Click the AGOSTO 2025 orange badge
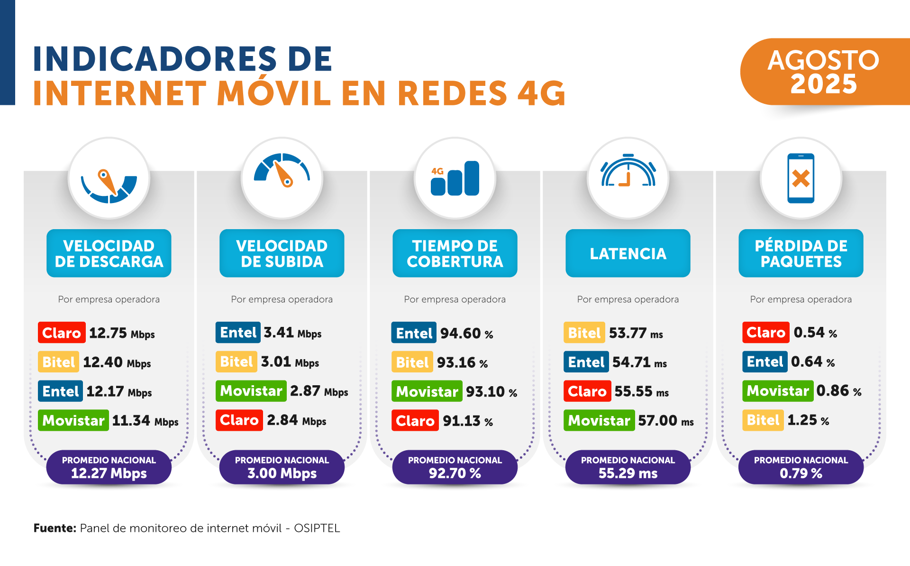click(824, 72)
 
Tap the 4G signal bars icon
click(455, 178)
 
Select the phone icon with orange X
click(801, 178)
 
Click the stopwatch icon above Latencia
click(628, 171)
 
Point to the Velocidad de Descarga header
click(109, 253)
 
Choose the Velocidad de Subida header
click(282, 253)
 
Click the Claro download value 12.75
click(108, 333)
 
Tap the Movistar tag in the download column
click(73, 421)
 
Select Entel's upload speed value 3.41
click(279, 333)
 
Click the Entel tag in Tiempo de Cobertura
click(414, 333)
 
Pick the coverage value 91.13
click(462, 421)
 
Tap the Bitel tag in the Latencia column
click(584, 333)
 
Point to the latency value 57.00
click(657, 421)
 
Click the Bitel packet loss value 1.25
click(802, 420)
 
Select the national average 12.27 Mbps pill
click(109, 467)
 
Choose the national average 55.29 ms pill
click(628, 467)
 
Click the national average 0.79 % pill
click(801, 467)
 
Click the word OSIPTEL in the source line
click(317, 528)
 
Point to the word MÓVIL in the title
click(274, 93)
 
